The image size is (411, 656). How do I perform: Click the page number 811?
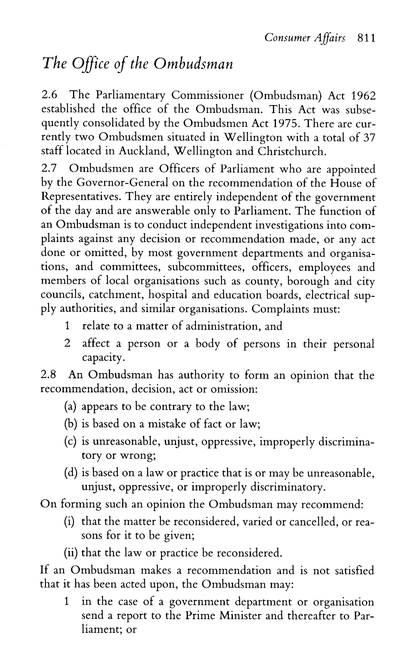tap(364, 38)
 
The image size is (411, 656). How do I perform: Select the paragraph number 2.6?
tap(48, 96)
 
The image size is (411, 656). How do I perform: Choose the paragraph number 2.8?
tap(48, 375)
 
